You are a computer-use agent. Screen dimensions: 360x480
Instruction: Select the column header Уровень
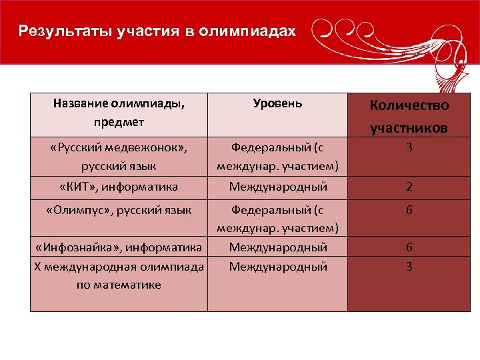click(277, 103)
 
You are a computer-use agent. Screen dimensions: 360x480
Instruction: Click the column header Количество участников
click(409, 116)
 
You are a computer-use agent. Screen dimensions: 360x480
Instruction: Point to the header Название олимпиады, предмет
click(119, 113)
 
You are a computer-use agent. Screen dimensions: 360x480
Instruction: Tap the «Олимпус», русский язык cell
click(119, 211)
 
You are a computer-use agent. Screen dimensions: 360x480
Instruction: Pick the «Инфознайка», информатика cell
click(119, 247)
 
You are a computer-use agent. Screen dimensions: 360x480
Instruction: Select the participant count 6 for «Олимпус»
click(409, 211)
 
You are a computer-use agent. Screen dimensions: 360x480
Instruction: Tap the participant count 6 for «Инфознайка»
click(409, 247)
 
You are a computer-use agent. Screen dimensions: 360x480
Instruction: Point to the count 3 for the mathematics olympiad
click(409, 266)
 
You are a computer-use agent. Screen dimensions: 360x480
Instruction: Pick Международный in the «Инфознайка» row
click(277, 247)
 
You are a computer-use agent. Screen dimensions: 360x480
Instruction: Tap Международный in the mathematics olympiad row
click(277, 266)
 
